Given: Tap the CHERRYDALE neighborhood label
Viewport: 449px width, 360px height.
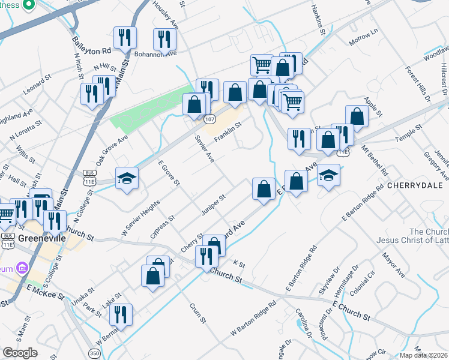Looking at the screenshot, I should (x=415, y=186).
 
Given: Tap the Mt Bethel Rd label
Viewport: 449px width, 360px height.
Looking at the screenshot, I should (x=376, y=162).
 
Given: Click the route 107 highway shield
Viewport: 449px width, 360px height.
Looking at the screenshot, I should (x=209, y=119).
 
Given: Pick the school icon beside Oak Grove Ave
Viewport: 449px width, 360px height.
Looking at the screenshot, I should (x=127, y=178).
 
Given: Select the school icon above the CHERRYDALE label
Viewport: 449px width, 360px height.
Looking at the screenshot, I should (x=328, y=175).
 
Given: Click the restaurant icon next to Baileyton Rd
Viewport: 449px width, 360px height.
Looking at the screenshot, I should (x=125, y=38).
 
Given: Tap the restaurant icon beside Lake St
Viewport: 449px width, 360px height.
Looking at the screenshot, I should (x=121, y=314).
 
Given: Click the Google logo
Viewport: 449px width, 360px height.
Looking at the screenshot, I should (x=20, y=353).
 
